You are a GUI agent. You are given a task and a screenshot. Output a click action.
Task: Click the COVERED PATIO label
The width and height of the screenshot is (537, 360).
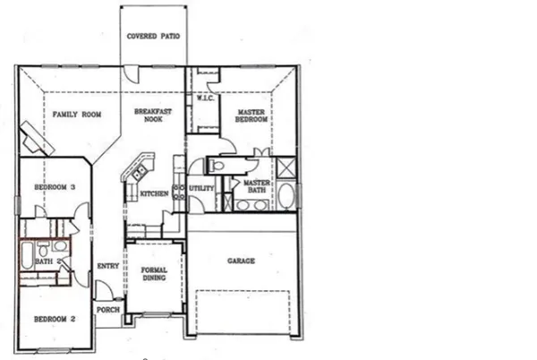coord(153,37)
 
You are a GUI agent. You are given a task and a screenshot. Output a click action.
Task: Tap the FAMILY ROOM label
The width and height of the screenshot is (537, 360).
coord(76,115)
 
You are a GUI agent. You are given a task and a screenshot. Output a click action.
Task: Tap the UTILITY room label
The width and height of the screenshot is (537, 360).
coord(202,188)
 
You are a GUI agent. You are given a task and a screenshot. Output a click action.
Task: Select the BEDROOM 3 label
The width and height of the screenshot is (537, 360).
coord(54,187)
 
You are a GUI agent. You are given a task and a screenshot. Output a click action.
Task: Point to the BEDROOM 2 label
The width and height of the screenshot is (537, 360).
coord(53,319)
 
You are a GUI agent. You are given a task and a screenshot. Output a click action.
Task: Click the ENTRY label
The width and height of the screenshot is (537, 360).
coord(107,265)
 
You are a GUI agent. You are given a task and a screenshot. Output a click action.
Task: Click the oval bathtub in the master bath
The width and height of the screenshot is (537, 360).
coord(286,197)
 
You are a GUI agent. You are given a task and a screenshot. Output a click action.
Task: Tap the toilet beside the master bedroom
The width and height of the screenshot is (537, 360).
coord(216,167)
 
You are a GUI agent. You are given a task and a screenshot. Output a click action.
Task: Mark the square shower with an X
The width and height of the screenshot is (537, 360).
coord(287,167)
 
